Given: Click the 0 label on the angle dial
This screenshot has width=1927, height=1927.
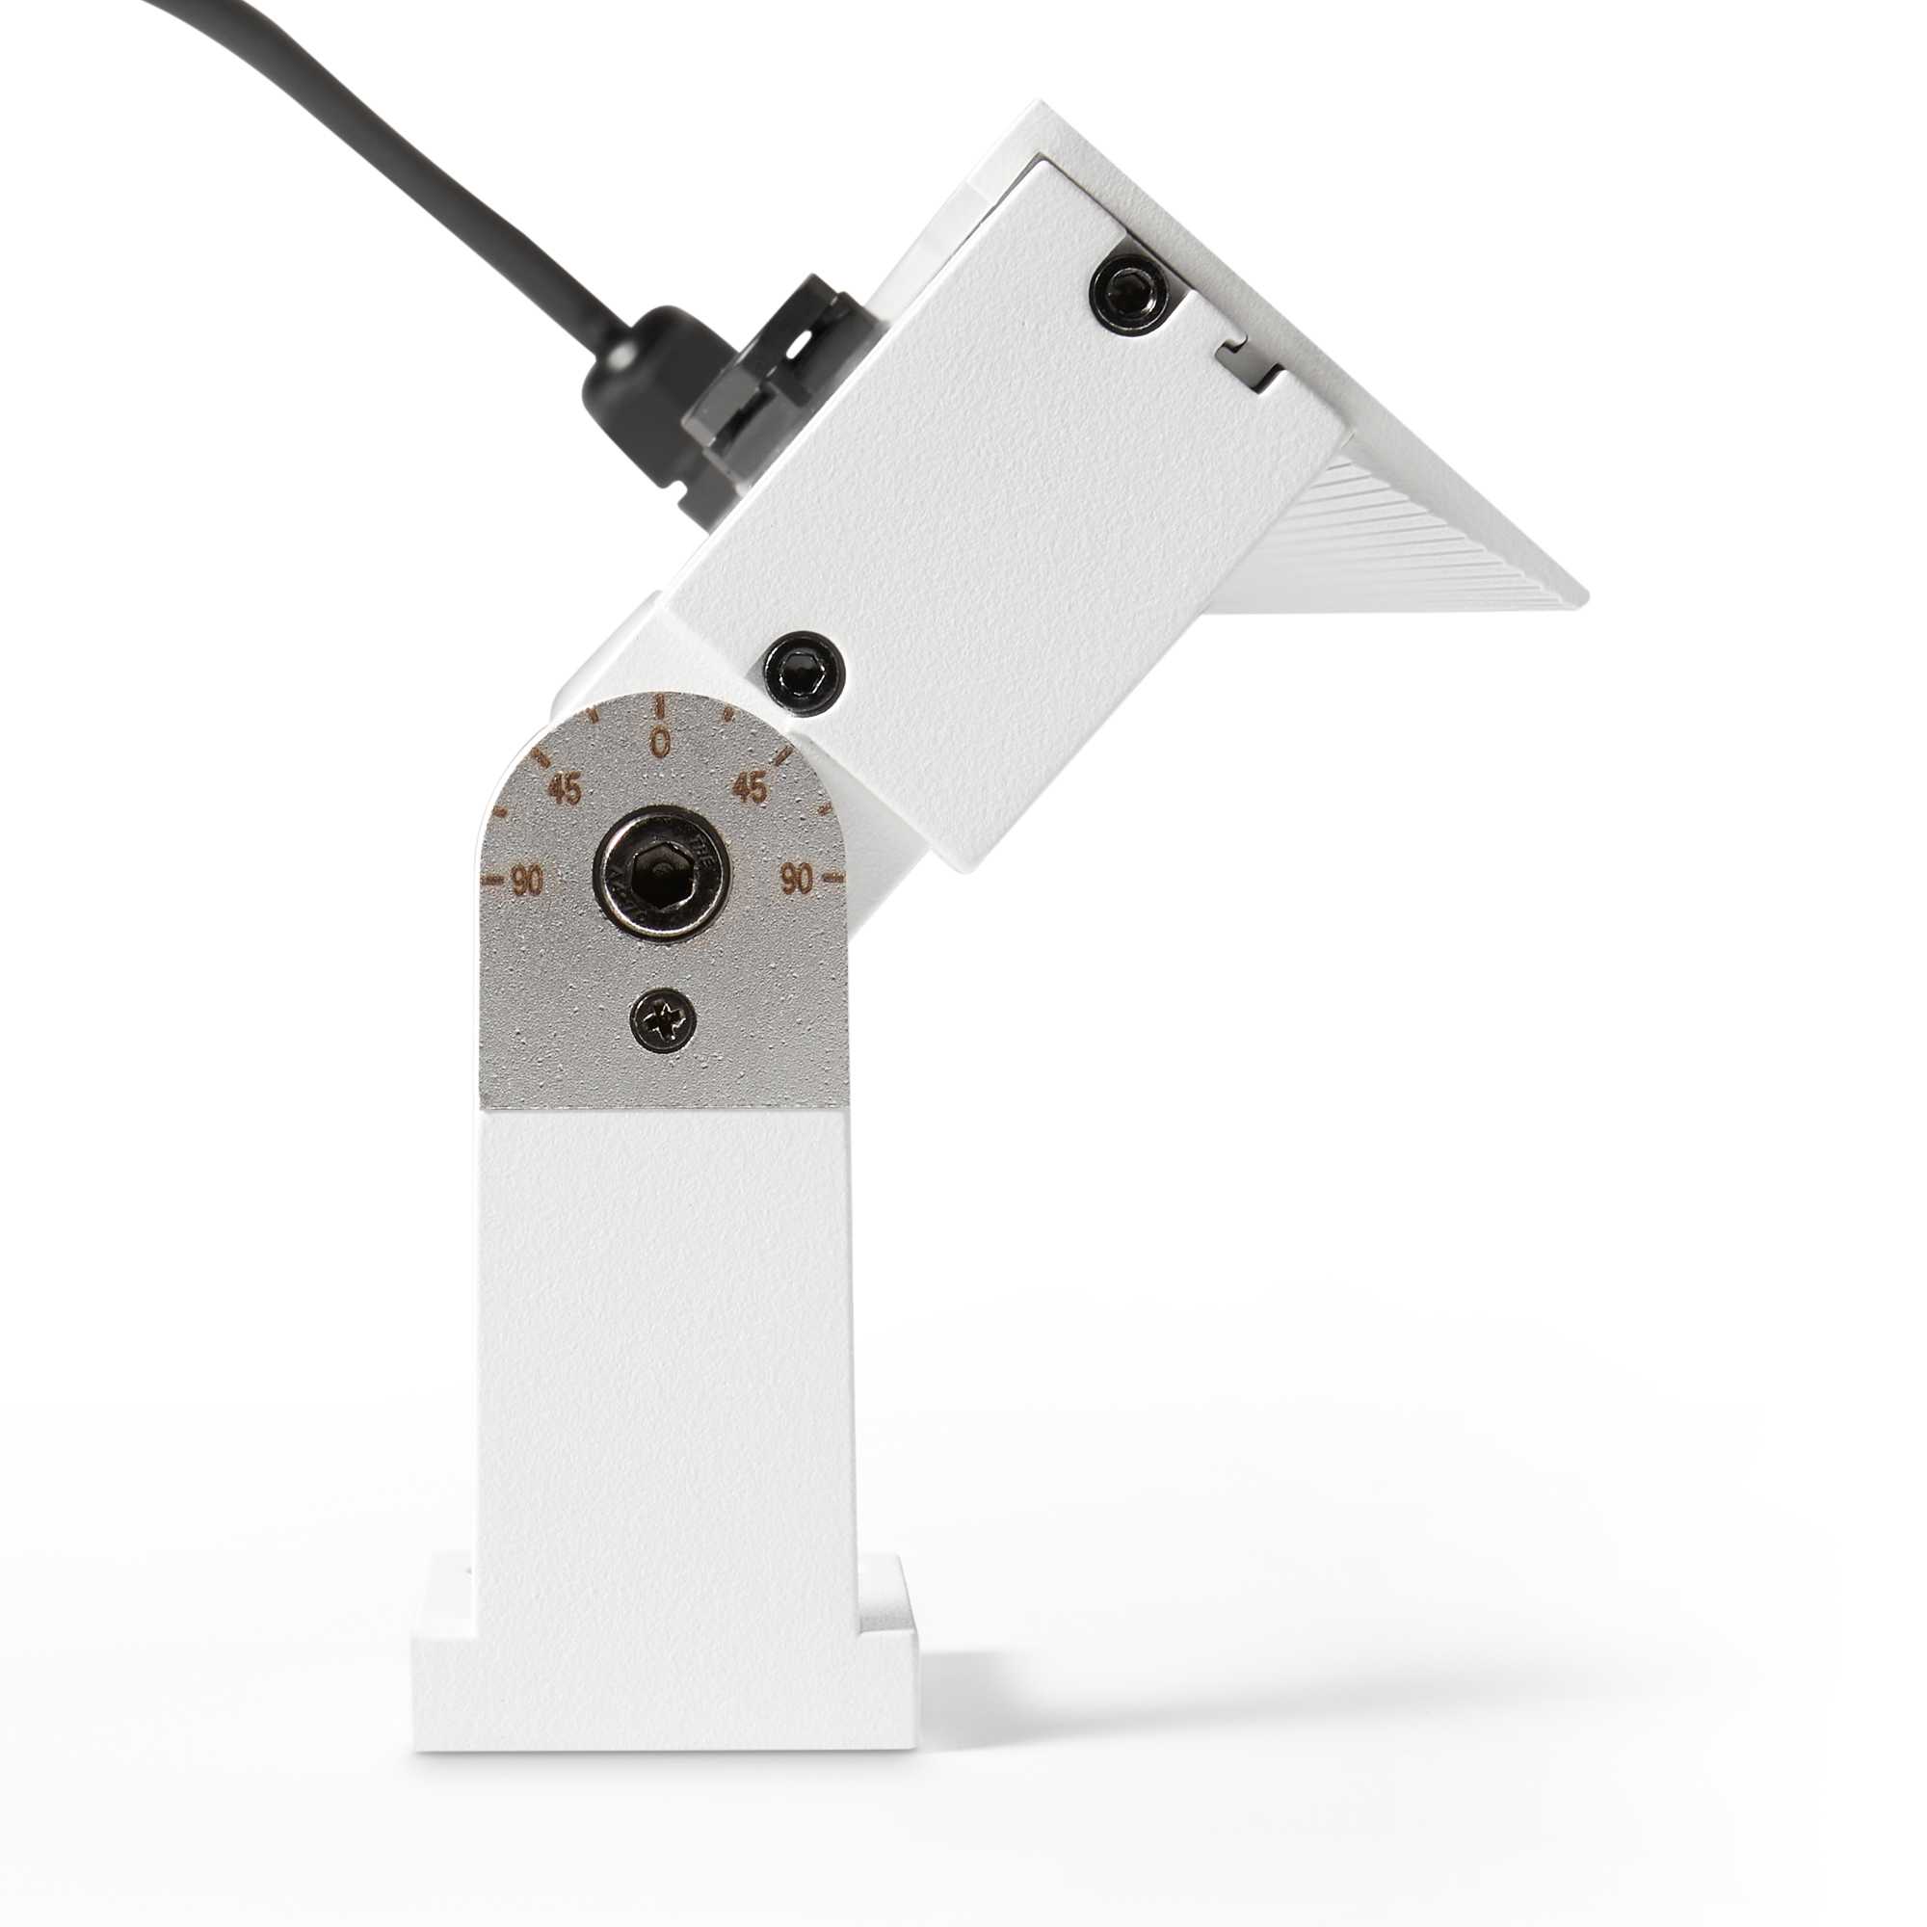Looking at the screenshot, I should point(659,743).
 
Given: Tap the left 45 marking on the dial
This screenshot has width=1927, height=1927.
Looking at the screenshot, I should point(565,790).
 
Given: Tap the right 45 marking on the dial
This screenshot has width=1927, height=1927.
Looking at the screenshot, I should point(750,789).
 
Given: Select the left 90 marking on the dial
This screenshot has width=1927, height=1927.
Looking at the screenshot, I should point(527,880).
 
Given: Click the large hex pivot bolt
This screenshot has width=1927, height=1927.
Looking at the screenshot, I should point(661,872).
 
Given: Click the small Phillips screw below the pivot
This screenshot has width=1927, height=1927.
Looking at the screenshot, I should point(663,1019).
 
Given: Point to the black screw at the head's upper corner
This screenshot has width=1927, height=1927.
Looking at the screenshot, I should point(1130,292).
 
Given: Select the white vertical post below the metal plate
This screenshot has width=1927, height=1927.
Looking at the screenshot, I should point(664,1347).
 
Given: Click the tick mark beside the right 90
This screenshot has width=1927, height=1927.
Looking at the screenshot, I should point(835,879).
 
